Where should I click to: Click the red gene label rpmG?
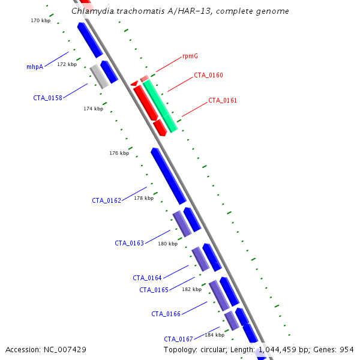[190, 56]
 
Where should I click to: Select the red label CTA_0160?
[208, 75]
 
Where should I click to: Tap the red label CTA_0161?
[223, 100]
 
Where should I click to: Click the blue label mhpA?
[35, 67]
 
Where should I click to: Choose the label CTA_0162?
[106, 200]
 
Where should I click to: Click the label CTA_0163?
[129, 243]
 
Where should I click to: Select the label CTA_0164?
[147, 278]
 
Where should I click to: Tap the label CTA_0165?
[154, 290]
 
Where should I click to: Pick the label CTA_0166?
[166, 314]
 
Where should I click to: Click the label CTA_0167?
[178, 339]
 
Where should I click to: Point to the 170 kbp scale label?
[40, 20]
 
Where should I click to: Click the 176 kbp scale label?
[119, 153]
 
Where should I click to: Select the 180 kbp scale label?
[167, 244]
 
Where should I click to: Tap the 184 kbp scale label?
[214, 334]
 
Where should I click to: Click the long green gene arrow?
[160, 106]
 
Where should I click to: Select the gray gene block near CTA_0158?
[99, 76]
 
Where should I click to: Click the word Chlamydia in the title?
[90, 11]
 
